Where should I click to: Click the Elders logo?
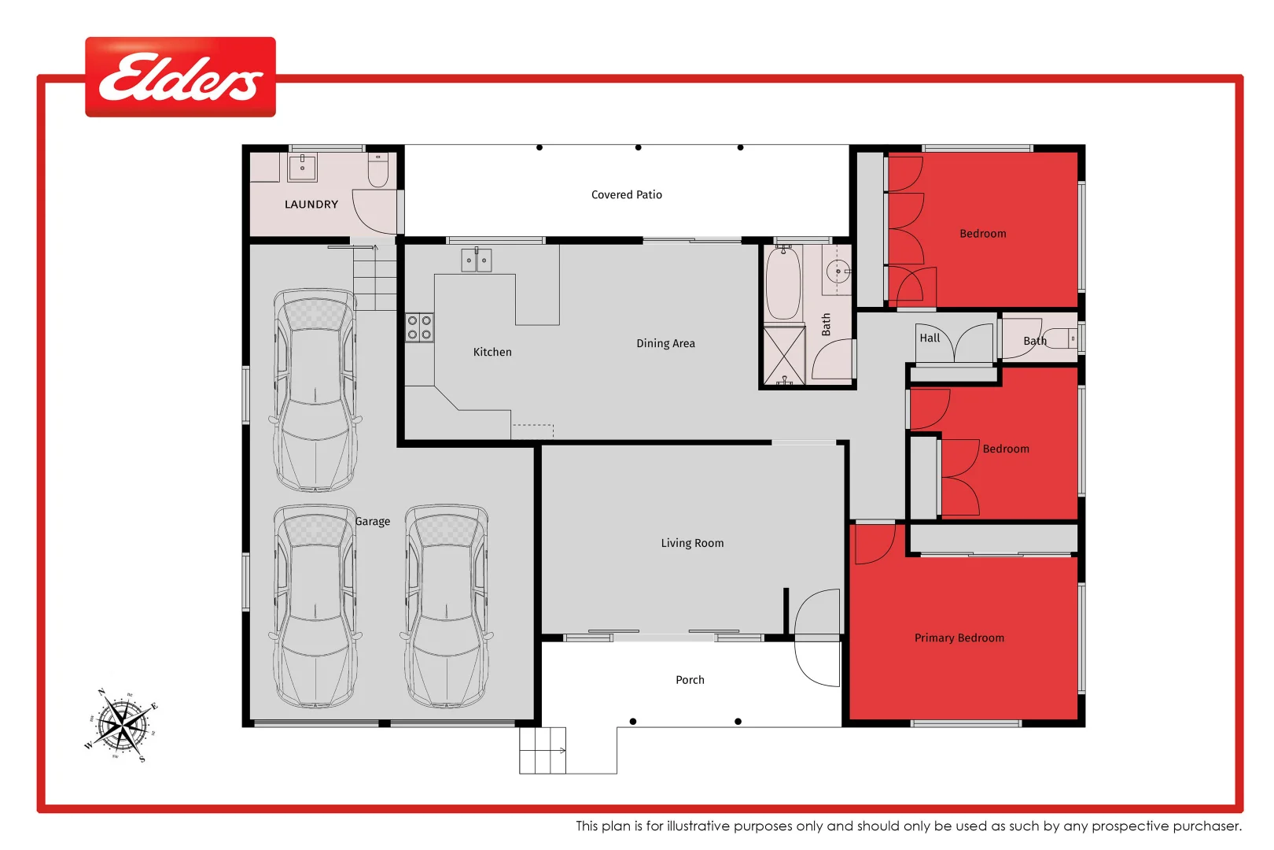(180, 77)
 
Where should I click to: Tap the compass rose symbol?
(121, 725)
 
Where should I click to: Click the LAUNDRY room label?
(311, 205)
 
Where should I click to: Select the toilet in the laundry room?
(378, 171)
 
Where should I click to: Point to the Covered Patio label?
(626, 195)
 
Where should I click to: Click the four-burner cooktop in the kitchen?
(419, 327)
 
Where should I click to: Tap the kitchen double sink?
(476, 261)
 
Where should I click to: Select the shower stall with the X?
(784, 356)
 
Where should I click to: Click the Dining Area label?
(665, 344)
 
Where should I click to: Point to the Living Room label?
(692, 543)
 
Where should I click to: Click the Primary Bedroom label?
(959, 638)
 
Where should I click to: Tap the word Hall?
(930, 338)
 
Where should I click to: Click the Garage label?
(372, 522)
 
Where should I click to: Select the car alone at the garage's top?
(315, 390)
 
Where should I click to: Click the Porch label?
(690, 680)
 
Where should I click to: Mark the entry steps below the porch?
(543, 750)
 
